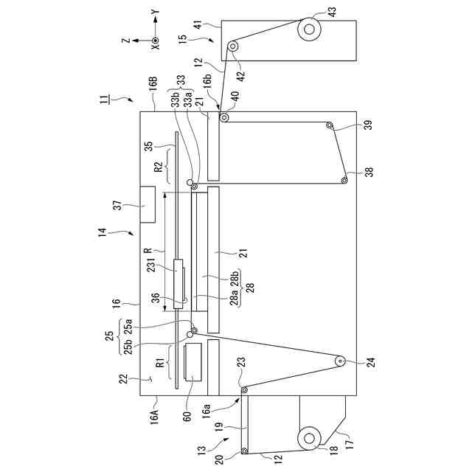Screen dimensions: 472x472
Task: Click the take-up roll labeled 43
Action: tap(308, 29)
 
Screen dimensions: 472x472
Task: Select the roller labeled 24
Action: tap(341, 361)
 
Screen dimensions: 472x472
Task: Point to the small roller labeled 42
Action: tap(232, 47)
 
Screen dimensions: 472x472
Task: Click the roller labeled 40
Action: tap(223, 117)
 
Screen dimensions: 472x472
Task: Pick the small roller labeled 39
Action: tap(330, 126)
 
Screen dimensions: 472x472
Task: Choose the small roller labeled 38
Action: tap(344, 180)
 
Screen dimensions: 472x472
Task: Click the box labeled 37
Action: tap(147, 204)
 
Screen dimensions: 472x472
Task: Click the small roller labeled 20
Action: tap(245, 451)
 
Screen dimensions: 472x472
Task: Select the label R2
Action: tap(157, 166)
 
